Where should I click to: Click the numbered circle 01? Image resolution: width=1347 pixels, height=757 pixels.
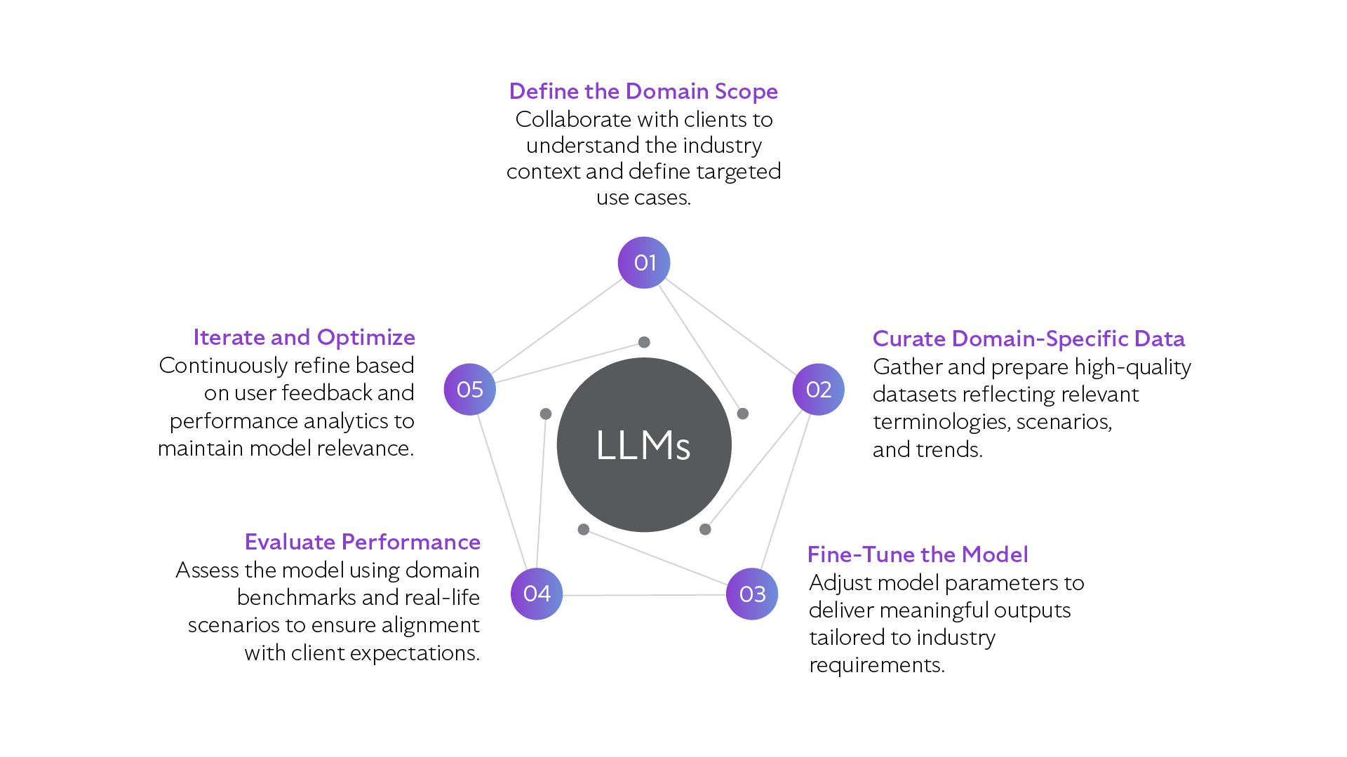[x=644, y=263]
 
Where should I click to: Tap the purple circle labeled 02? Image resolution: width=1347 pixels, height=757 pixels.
[x=818, y=390]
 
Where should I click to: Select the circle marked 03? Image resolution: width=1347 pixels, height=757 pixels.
[x=752, y=594]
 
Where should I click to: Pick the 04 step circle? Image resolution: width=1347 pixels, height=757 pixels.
[x=537, y=594]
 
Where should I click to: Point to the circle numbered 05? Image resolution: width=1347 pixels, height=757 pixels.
[x=470, y=390]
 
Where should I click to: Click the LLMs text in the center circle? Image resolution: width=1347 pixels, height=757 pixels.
[x=643, y=446]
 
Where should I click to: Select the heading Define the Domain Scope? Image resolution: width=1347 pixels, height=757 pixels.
[x=643, y=91]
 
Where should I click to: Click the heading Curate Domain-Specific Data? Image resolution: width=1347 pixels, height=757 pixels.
[x=1028, y=339]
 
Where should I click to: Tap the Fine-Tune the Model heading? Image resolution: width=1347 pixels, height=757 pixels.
[x=918, y=554]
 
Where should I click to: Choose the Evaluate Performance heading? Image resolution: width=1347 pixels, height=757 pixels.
[x=362, y=542]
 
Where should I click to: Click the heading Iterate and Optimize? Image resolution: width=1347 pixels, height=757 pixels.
[x=304, y=337]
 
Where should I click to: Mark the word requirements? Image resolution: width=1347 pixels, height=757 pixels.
[x=876, y=665]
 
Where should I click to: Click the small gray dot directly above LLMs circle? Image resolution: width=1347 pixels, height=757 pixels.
[x=644, y=342]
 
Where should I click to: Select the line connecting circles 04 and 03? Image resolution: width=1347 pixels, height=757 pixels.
[x=644, y=595]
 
